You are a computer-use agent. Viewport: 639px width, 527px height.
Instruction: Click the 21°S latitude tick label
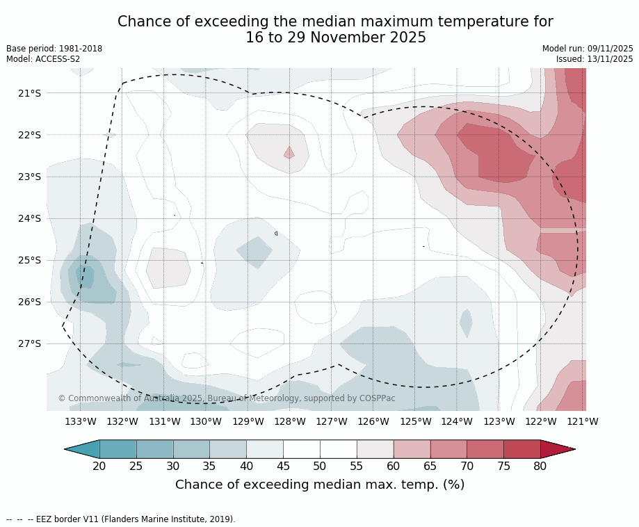coord(29,93)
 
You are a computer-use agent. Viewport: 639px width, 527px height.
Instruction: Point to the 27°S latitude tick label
coord(29,343)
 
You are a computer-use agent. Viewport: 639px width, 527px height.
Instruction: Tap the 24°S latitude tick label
coord(29,218)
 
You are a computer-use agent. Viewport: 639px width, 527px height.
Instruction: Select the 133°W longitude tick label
coord(81,421)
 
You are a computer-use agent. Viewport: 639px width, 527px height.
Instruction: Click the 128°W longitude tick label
coord(290,421)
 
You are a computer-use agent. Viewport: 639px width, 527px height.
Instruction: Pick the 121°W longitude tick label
coord(583,421)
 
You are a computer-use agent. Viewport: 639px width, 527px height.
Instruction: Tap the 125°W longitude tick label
coord(415,421)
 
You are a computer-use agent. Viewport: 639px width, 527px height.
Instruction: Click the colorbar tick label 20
coord(99,466)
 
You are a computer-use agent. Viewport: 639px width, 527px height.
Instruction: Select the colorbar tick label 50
coord(320,466)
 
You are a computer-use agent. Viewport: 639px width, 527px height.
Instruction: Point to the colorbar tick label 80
coord(540,466)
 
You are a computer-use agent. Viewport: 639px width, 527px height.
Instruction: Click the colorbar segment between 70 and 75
coord(485,449)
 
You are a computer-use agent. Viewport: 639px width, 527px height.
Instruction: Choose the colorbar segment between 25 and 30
coord(154,449)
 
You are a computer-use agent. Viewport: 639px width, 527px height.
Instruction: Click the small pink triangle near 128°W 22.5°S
coord(289,153)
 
